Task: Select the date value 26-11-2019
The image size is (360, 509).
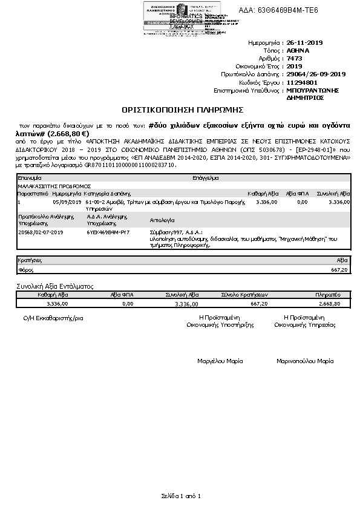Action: [306, 43]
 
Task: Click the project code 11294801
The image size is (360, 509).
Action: [302, 82]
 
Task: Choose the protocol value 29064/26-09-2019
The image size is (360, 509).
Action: [316, 74]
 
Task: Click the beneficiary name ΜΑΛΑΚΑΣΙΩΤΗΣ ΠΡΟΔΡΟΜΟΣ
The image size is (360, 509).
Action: [54, 186]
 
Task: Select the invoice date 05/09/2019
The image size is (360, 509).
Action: [67, 202]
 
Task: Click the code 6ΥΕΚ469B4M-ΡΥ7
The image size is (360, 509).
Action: [108, 232]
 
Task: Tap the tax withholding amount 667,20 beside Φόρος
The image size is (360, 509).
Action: [340, 269]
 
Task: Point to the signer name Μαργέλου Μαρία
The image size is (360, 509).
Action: [220, 361]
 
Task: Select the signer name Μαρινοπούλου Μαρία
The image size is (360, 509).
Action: [305, 361]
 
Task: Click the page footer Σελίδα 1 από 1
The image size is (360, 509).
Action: [180, 496]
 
